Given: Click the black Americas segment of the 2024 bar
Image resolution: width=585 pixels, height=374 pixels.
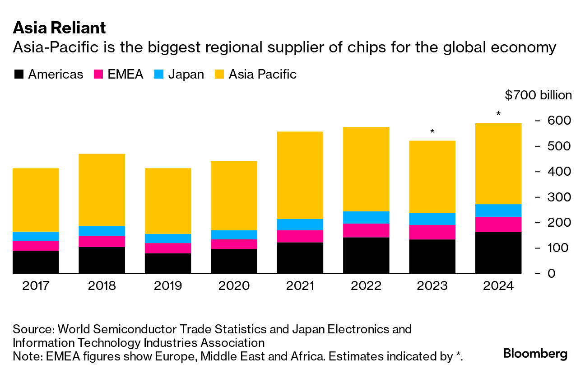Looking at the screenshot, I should (x=498, y=252).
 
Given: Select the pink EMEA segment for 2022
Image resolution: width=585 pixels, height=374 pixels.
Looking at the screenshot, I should (x=366, y=230).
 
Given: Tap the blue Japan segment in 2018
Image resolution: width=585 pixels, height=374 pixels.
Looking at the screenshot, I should (x=102, y=231).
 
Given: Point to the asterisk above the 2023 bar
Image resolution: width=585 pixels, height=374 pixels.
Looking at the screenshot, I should (x=432, y=131).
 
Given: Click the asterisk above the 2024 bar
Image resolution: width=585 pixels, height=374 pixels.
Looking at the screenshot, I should (x=498, y=114).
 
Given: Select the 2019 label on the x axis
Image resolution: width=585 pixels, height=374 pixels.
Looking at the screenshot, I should (x=167, y=286).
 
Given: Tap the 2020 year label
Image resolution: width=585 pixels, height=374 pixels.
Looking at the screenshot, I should (x=234, y=286).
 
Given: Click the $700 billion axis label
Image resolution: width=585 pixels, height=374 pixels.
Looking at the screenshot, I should (x=538, y=95).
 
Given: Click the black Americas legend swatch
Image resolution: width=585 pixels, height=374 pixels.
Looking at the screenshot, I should (x=19, y=75).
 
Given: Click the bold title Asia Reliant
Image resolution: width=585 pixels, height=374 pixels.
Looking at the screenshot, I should (x=59, y=28).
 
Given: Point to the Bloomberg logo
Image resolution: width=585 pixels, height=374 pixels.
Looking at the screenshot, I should (x=535, y=353).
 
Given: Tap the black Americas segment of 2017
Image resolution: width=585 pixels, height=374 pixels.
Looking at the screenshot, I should (x=36, y=262).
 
